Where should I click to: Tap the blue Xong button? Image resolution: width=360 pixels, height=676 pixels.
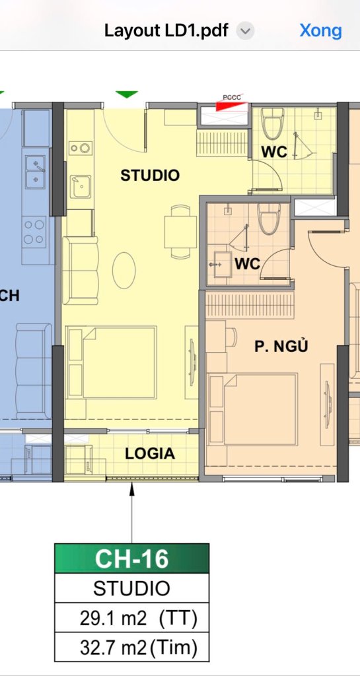pos(320,30)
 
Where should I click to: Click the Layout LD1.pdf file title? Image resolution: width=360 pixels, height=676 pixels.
pos(166,31)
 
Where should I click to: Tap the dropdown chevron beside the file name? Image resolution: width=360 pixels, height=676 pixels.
pos(246,32)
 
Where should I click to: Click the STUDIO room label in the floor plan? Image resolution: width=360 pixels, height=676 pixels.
pos(149,176)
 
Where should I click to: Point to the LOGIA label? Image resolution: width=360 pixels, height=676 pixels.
pos(149,454)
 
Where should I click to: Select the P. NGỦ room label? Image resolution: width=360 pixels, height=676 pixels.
pos(281,346)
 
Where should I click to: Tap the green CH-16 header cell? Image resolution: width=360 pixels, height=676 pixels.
pos(131,558)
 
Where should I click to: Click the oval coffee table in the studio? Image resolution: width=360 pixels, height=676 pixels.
pos(124,270)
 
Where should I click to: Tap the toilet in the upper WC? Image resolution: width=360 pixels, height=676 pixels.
pos(273,123)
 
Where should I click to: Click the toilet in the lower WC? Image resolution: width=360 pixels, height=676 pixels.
pos(269,219)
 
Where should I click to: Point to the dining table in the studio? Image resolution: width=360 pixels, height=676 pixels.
pos(180,232)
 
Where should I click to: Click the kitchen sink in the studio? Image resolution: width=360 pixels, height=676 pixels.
pos(81,187)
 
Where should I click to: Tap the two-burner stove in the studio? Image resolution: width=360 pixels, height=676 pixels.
pos(81,149)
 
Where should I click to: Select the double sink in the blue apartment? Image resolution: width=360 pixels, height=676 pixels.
pos(36,172)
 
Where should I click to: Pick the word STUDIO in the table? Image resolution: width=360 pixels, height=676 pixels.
pos(131,588)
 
